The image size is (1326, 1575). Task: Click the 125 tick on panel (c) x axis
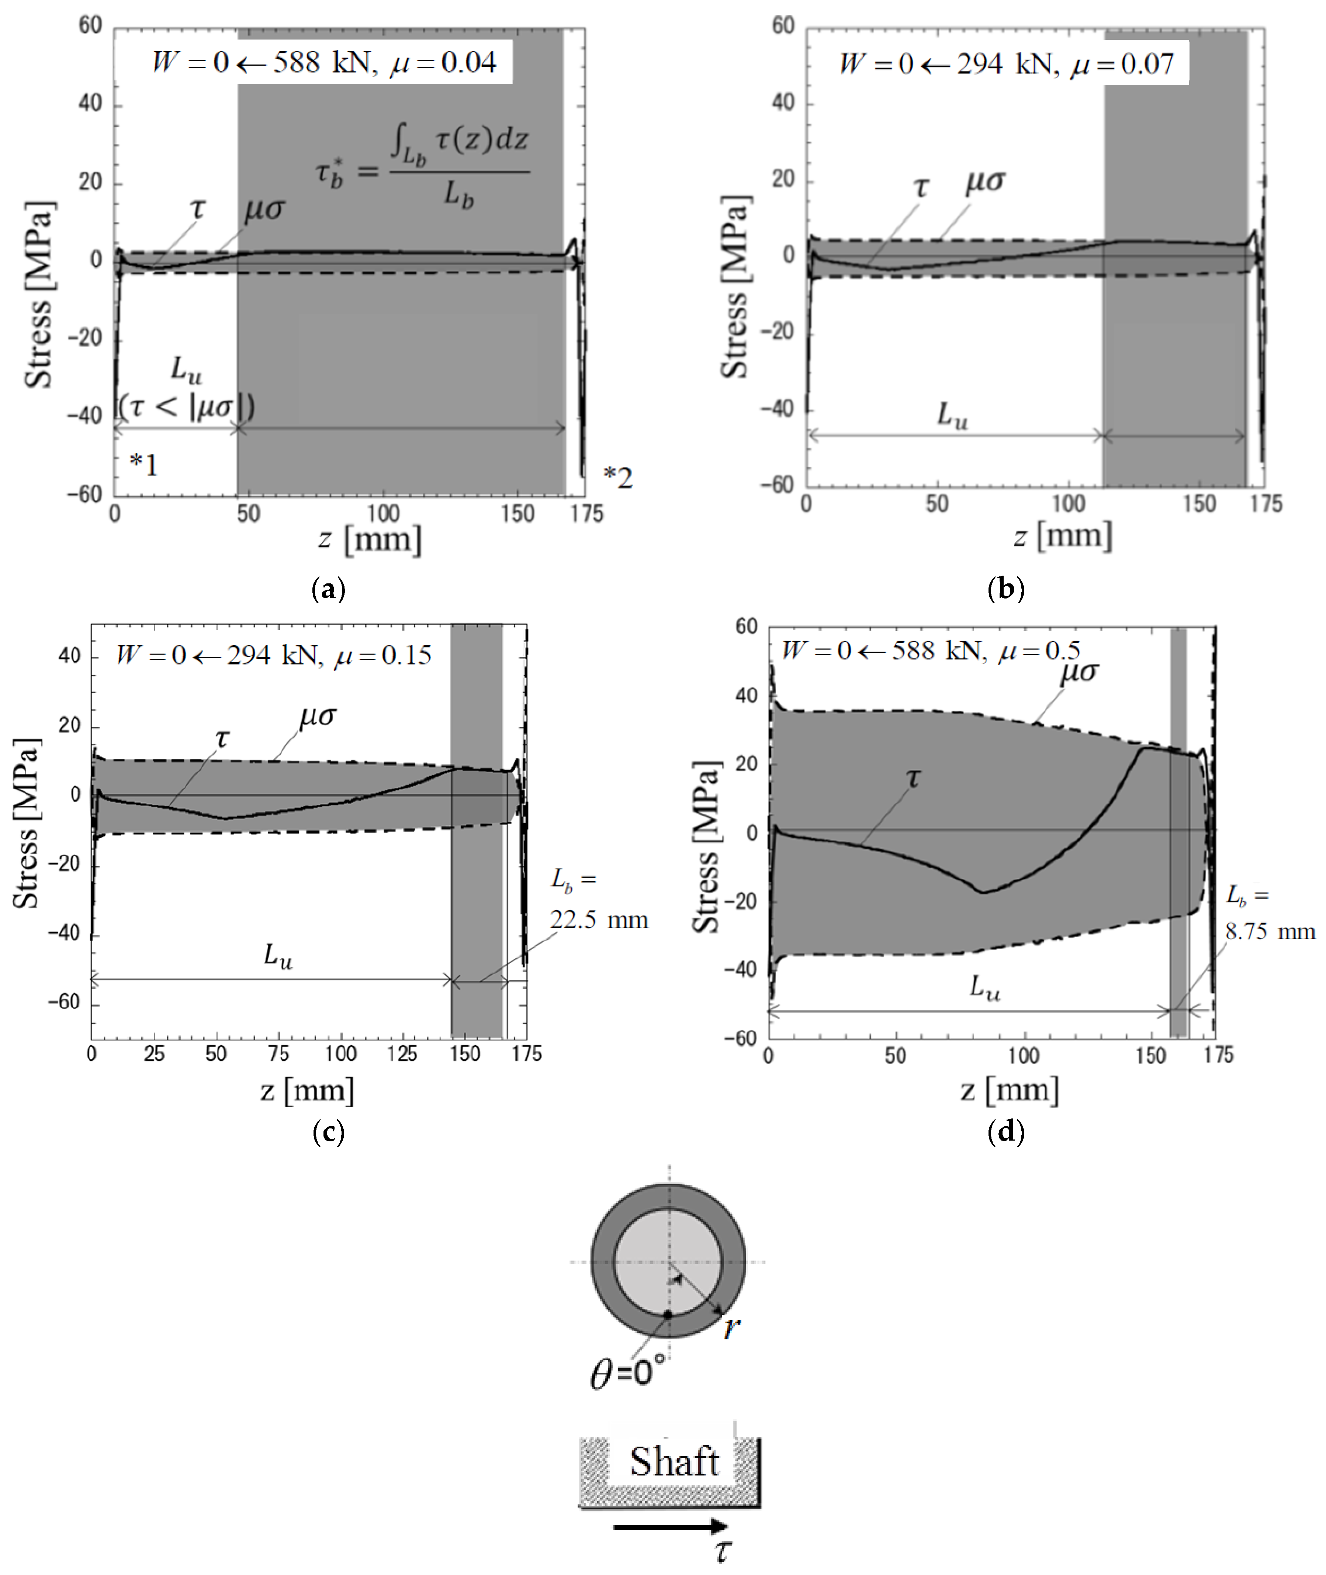tap(402, 1054)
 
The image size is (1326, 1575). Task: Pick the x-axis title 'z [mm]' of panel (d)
tap(1010, 1090)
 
